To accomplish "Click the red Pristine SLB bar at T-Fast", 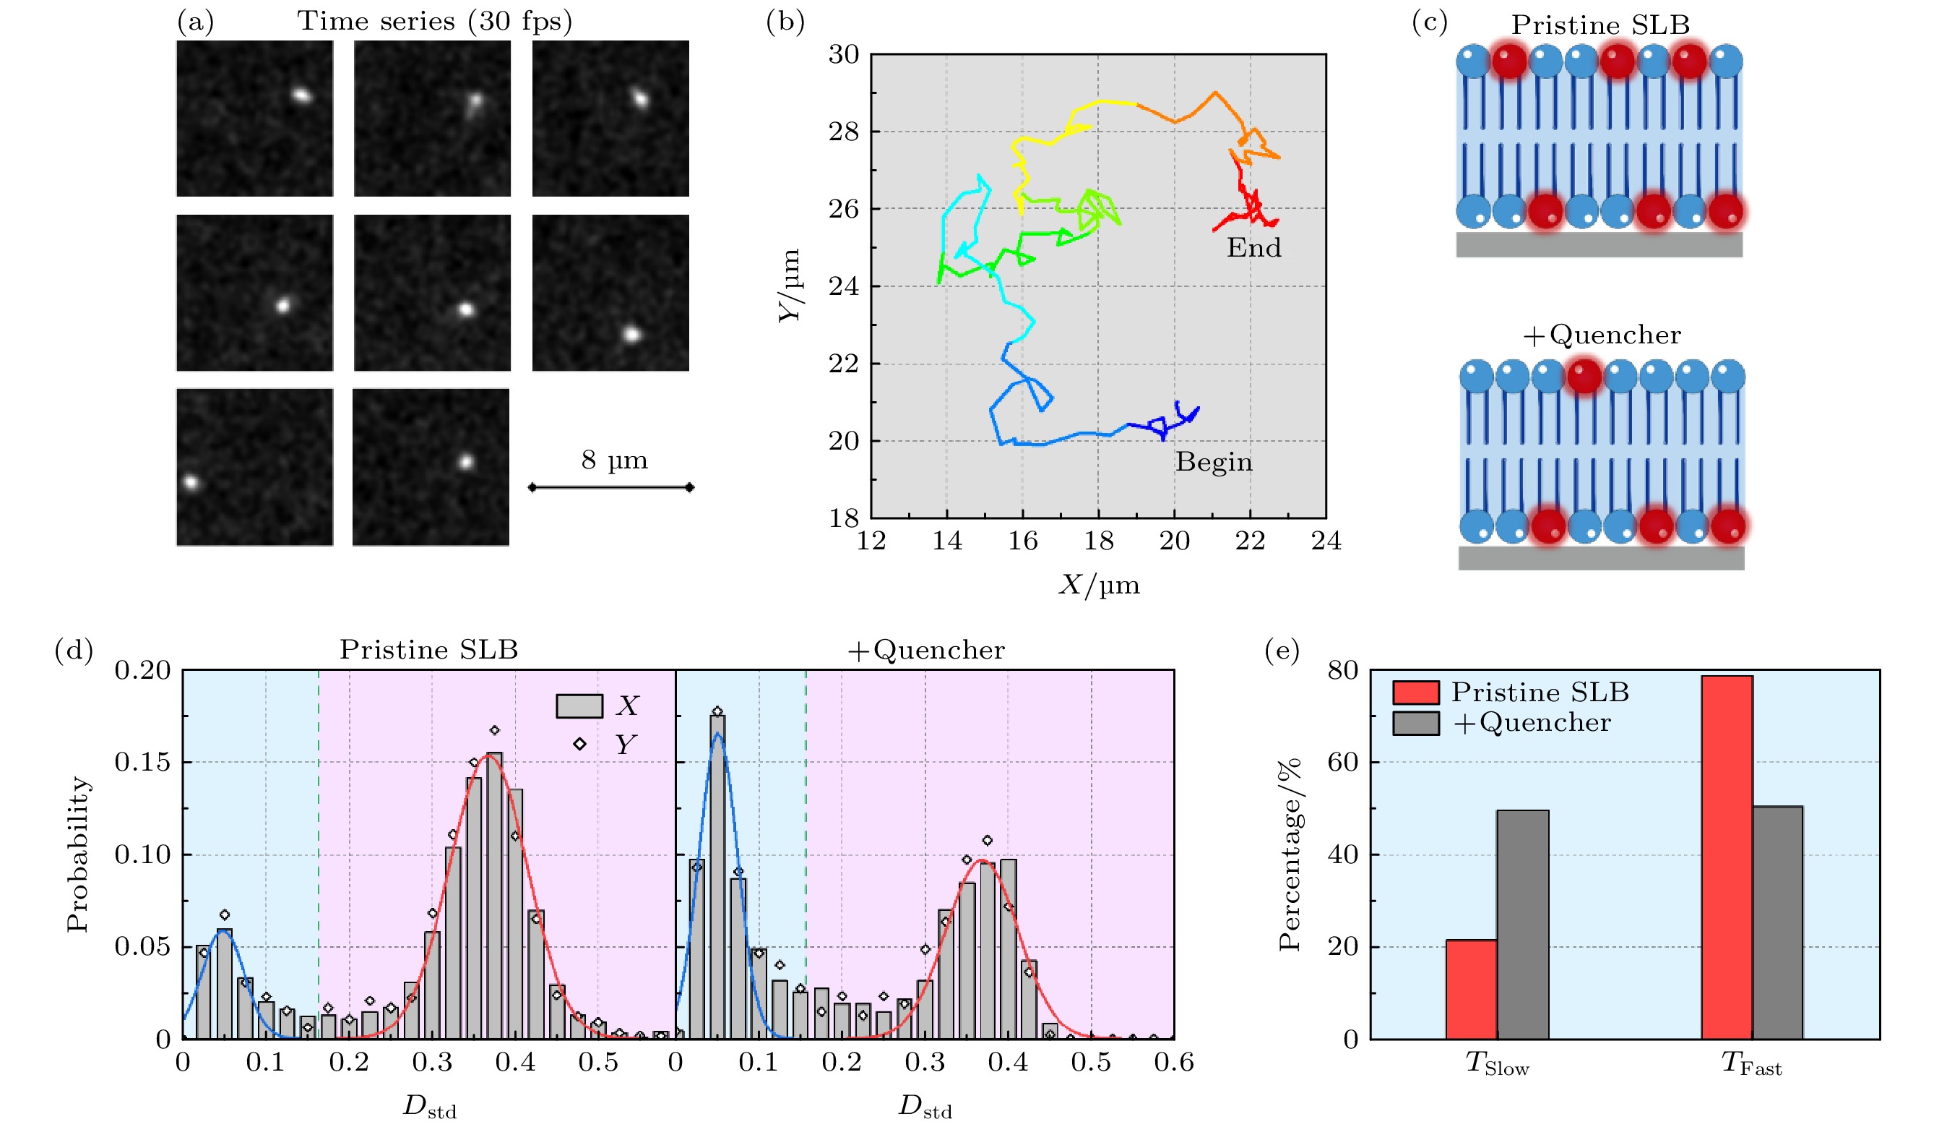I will pos(1726,856).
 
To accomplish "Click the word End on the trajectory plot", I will pos(1253,248).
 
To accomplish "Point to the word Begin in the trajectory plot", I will pos(1213,462).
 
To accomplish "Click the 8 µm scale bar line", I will pos(612,487).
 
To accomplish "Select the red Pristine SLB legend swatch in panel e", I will pos(1415,692).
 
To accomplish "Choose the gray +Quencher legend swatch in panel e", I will pos(1415,723).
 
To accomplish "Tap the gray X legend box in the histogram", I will pos(579,706).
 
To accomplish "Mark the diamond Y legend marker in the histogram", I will pos(579,744).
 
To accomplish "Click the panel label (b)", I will pos(785,22).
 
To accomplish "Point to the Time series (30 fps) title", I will pos(434,21).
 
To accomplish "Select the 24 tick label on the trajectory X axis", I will pos(1326,541).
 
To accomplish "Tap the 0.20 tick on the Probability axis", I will pos(143,670).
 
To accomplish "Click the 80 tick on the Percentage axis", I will pos(1342,670).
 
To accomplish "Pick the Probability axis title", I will pos(77,854).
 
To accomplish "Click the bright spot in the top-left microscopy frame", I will pos(301,96).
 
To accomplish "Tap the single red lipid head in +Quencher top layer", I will pos(1584,377).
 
